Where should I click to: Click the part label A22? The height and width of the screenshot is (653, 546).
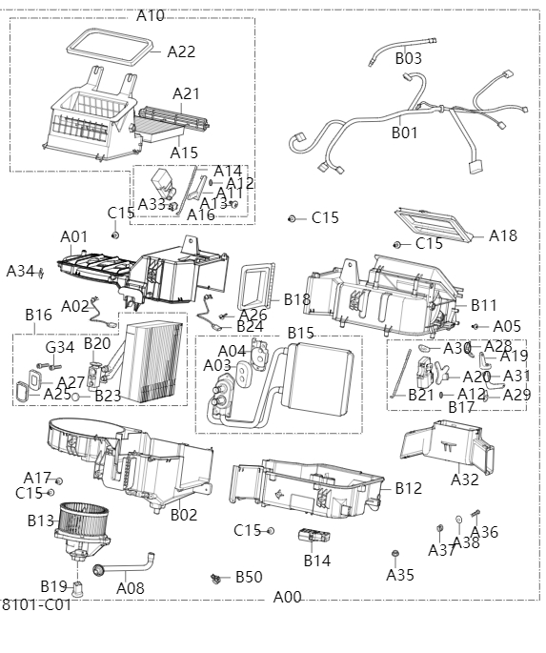click(181, 51)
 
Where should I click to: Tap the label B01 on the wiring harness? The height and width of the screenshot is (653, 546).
click(405, 133)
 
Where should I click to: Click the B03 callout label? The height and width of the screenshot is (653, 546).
click(408, 58)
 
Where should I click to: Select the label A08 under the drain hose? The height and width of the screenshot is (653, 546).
click(131, 588)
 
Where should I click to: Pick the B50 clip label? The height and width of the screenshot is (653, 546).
click(249, 577)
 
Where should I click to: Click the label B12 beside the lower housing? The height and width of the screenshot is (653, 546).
click(408, 488)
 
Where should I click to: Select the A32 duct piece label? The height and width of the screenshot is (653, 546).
click(465, 480)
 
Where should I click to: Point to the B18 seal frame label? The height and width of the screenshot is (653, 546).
click(297, 299)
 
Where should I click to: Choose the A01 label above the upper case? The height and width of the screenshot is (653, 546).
click(74, 235)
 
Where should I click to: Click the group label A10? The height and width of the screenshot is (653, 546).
click(151, 15)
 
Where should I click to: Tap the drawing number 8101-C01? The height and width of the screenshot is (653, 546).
click(36, 604)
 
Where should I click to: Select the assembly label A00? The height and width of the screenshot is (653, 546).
click(287, 597)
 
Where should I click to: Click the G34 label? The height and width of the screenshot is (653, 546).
click(59, 347)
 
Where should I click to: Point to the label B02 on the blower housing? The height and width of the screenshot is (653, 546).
click(184, 515)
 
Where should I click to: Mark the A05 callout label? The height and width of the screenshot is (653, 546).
click(507, 326)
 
